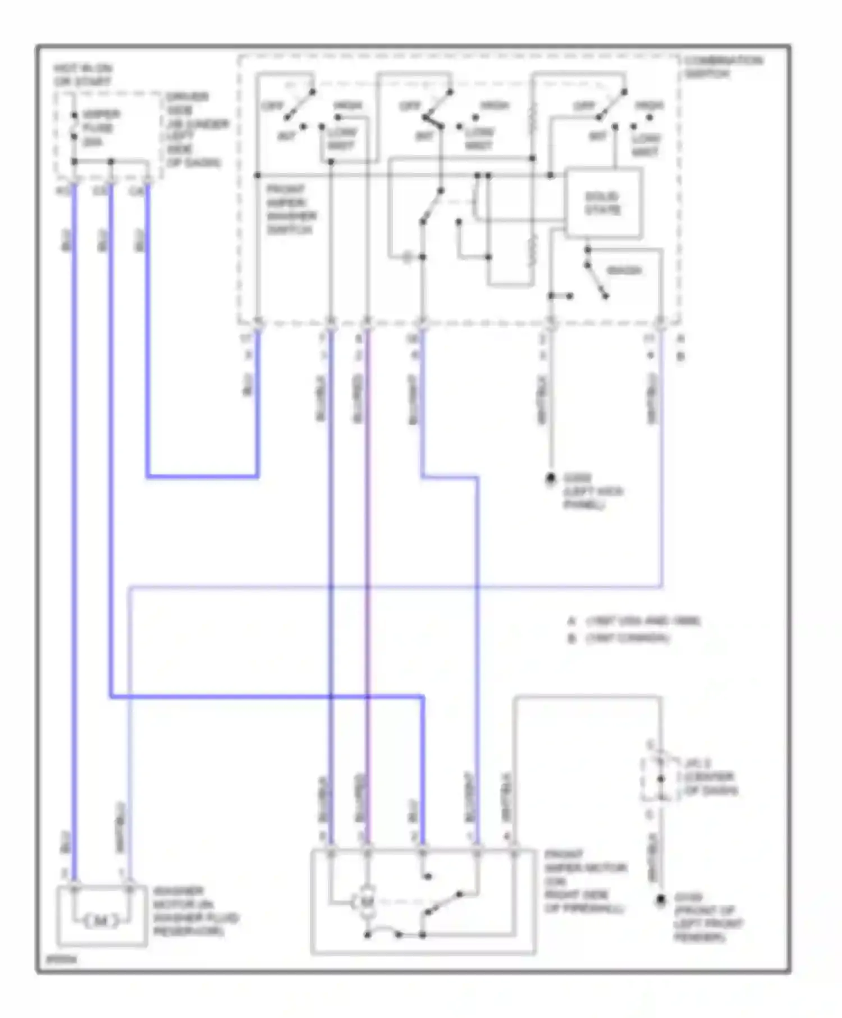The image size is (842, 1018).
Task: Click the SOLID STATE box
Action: click(603, 203)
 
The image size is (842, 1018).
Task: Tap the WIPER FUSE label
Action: click(98, 128)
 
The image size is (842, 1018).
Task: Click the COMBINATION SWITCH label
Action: click(722, 67)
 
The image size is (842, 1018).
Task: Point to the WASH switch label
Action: click(624, 270)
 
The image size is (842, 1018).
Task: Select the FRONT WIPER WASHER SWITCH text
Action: click(291, 209)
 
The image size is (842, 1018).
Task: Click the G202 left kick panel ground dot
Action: click(551, 478)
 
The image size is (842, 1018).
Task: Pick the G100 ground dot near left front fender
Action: click(661, 900)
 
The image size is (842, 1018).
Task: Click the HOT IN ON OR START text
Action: click(83, 75)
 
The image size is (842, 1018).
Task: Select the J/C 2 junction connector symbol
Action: click(660, 779)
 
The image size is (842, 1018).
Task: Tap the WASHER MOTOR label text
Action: click(195, 911)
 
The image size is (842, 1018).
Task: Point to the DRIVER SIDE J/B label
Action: click(194, 130)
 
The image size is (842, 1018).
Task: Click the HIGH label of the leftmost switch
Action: click(348, 106)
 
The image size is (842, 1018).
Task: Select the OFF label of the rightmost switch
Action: click(584, 106)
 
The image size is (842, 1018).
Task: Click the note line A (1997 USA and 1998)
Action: click(634, 621)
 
